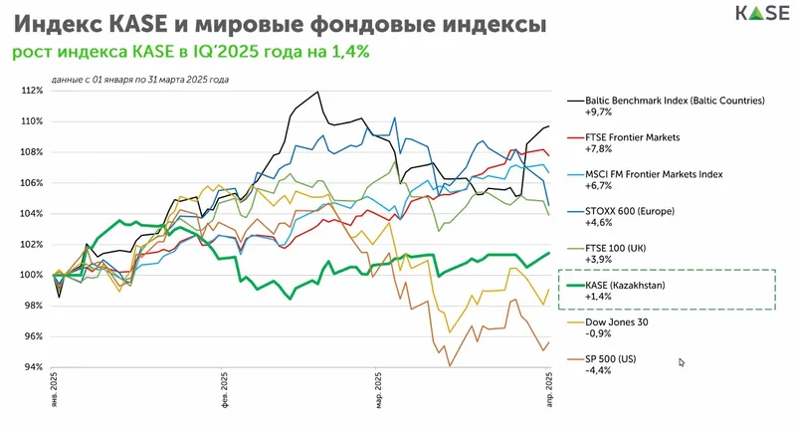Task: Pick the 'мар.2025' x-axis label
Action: pyautogui.click(x=378, y=388)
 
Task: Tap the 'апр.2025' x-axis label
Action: pyautogui.click(x=551, y=388)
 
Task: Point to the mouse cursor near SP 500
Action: pyautogui.click(x=682, y=363)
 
